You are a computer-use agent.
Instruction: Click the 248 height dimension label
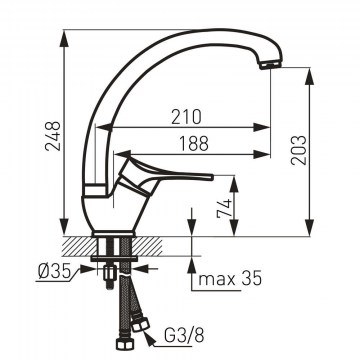coord(53,136)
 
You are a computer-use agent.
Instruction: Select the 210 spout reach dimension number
coord(187,117)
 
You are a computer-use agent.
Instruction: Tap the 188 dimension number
coord(194,144)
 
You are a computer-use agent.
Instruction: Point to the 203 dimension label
coord(298,150)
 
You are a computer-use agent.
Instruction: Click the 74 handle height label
coord(224,208)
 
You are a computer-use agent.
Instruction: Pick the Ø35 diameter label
coord(55,272)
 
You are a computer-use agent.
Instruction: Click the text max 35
coord(230,279)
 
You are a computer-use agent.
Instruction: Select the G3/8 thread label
coord(184,336)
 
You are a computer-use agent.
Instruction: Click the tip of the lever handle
coord(211,177)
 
